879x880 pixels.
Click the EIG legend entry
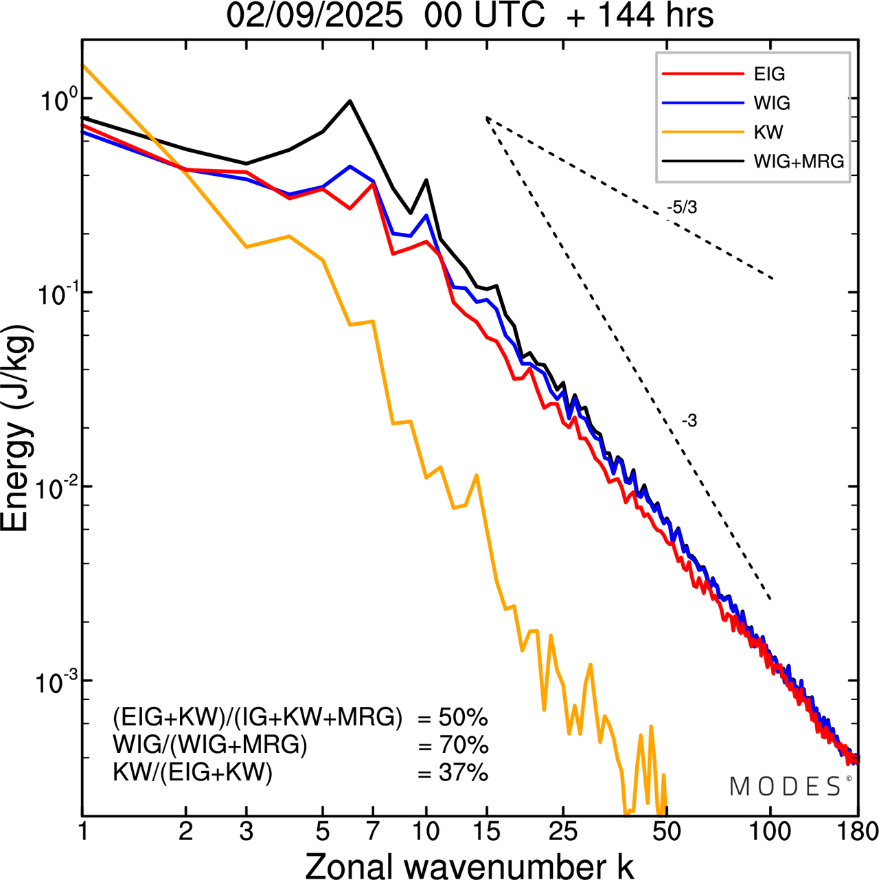(768, 74)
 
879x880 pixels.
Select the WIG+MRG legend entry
(799, 161)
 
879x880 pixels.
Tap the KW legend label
(768, 132)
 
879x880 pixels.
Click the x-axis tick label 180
(858, 832)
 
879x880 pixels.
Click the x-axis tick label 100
(770, 832)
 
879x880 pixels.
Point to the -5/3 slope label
(681, 207)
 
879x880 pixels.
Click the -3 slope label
(689, 421)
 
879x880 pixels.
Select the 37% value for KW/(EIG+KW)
(463, 774)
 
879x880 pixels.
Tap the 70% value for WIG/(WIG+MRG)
(463, 745)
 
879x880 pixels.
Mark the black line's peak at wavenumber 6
(350, 101)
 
